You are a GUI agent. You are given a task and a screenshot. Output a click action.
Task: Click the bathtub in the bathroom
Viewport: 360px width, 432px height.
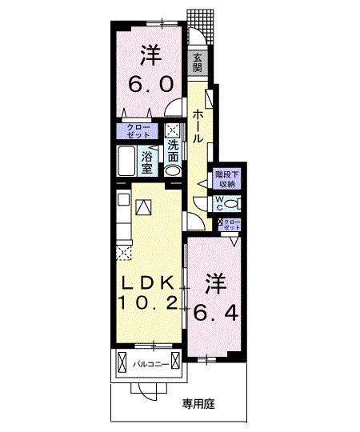tap(126, 163)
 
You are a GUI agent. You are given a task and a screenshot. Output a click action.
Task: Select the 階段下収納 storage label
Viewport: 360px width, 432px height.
tap(225, 178)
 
